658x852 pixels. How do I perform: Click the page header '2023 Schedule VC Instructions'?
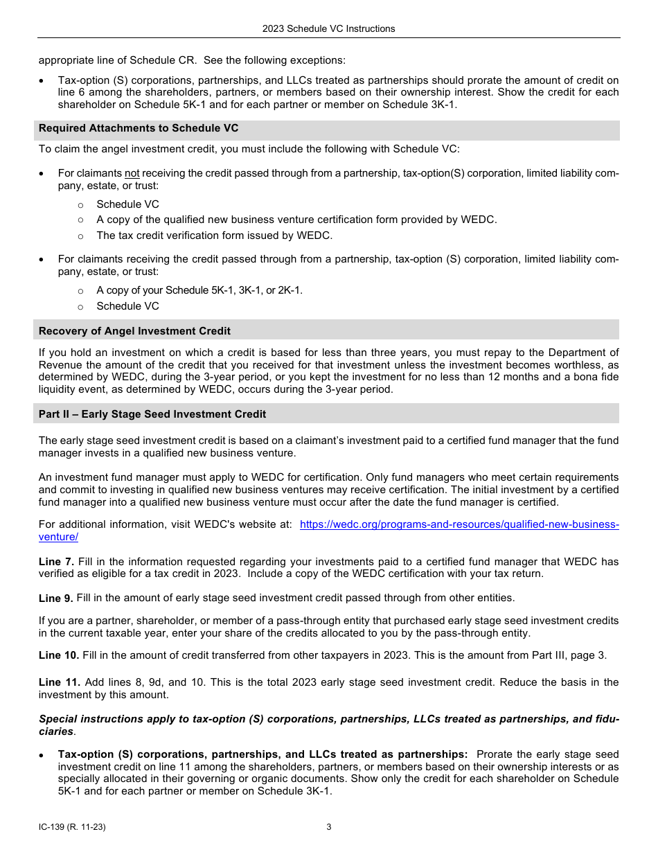click(328, 28)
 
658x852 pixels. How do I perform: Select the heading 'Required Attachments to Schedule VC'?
click(139, 128)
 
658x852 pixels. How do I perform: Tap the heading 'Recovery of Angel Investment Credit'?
click(134, 331)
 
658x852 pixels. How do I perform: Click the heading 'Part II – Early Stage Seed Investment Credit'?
click(152, 414)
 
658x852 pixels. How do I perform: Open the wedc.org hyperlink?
click(459, 524)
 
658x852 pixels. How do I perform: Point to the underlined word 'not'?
click(132, 173)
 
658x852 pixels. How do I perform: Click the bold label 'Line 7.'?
click(56, 562)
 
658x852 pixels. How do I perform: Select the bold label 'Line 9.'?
click(56, 598)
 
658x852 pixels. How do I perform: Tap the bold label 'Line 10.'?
click(59, 655)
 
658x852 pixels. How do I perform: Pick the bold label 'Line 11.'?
click(59, 683)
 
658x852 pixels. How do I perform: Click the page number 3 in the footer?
click(329, 827)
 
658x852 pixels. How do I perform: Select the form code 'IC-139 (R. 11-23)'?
click(72, 827)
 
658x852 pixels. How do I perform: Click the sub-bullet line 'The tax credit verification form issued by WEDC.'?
click(214, 236)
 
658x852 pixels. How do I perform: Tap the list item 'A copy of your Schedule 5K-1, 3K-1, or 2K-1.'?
click(199, 290)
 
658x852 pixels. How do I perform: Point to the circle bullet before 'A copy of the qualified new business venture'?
click(80, 220)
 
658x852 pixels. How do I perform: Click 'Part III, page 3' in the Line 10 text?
click(569, 655)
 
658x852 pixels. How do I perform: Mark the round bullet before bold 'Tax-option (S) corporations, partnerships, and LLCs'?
click(42, 755)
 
